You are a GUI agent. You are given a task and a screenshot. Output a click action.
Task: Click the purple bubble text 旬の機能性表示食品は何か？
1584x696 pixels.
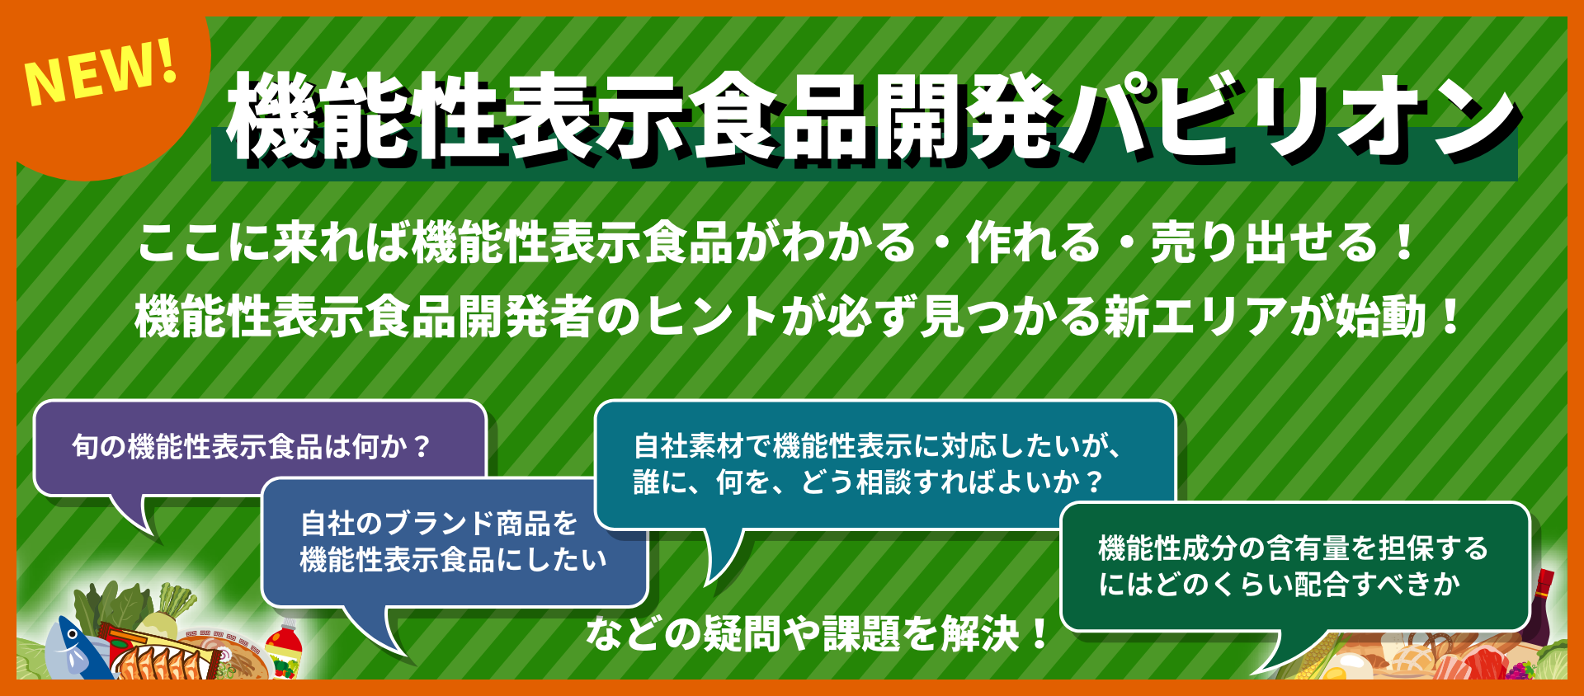pos(252,446)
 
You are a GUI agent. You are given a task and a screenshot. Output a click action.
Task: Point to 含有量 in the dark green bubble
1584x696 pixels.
pos(1306,548)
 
